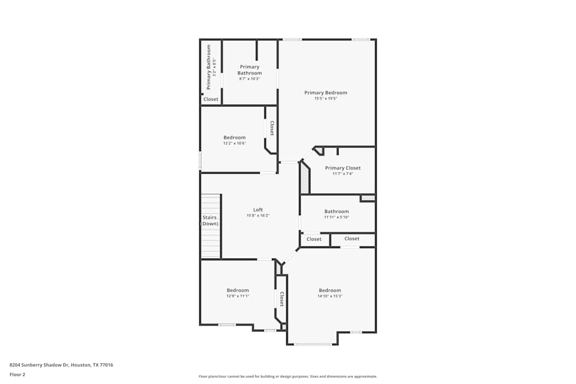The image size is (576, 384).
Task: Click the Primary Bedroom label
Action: pos(325,93)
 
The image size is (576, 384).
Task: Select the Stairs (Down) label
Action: pos(210,220)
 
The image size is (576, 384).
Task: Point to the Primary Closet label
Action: pos(343,168)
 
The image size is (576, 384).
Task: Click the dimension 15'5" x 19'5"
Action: pos(325,98)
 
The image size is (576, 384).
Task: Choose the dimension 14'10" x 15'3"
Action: pos(329,296)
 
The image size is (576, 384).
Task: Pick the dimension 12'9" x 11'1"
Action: pos(237,296)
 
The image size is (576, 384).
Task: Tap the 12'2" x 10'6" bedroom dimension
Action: pos(234,143)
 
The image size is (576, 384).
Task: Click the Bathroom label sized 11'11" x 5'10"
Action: pos(336,211)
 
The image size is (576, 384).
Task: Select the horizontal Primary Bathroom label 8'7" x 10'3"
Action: pos(249,70)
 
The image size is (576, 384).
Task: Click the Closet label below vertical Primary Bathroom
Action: pos(211,99)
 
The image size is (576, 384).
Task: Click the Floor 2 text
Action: pos(17,374)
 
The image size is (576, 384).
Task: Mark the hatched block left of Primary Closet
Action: pos(305,177)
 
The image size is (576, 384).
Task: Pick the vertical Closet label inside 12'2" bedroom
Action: pos(272,128)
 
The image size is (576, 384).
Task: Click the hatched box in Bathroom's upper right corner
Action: pos(367,198)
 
